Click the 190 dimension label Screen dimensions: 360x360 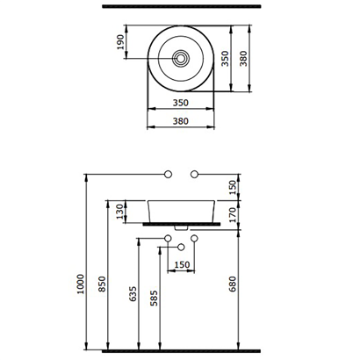coord(120,42)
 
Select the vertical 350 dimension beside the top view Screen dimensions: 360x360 coord(225,59)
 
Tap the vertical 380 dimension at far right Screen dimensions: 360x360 coord(243,59)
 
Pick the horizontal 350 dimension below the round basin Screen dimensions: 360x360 coord(181,103)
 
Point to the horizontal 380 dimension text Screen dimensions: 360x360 coord(181,121)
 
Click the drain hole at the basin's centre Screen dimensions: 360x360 coord(181,58)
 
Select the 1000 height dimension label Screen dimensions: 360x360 coord(81,284)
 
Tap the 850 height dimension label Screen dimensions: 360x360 coord(102,284)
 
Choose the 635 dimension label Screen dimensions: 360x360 coord(133,294)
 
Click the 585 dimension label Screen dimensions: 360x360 coord(154,299)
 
